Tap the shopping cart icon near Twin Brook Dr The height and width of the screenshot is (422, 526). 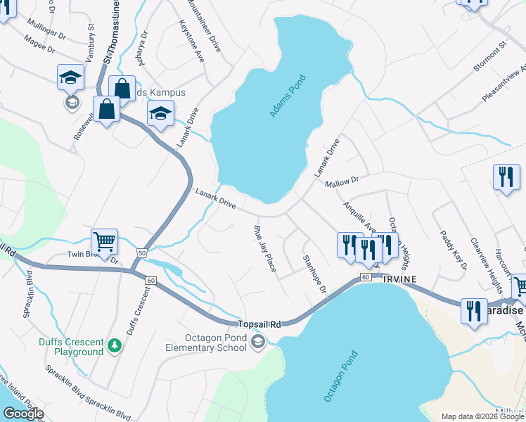tap(104, 241)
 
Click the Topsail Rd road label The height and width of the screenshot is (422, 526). tap(259, 324)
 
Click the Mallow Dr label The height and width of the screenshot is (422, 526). tap(342, 181)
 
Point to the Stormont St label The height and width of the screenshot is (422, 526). tap(490, 56)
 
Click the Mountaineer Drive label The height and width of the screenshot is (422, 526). tap(205, 27)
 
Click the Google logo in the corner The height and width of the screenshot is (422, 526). tap(23, 414)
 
